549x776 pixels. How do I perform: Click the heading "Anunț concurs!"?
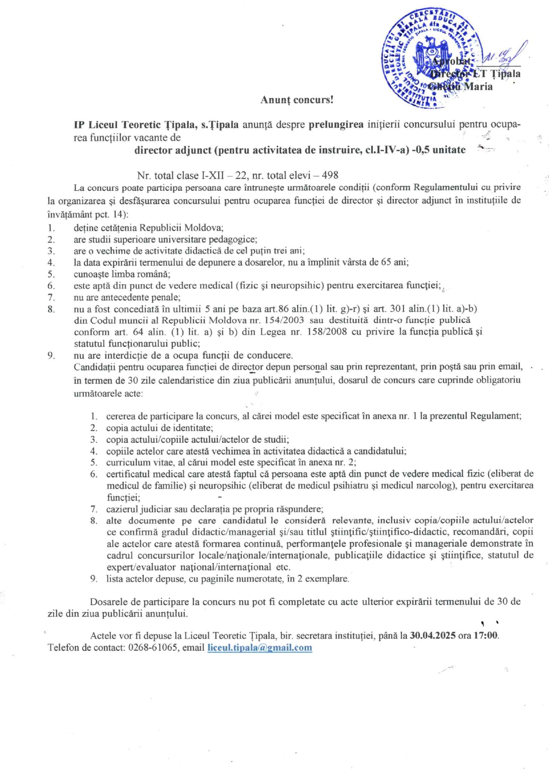click(x=297, y=100)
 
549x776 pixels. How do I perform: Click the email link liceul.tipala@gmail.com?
click(x=260, y=648)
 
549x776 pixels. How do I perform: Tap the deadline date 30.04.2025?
click(x=433, y=636)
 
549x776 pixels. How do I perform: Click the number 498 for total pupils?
click(x=330, y=175)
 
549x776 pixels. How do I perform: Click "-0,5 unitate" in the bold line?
click(x=439, y=150)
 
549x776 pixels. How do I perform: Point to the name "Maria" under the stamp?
click(x=478, y=87)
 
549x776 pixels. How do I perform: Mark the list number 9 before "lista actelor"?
click(x=93, y=579)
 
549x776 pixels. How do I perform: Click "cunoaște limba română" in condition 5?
click(x=122, y=274)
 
